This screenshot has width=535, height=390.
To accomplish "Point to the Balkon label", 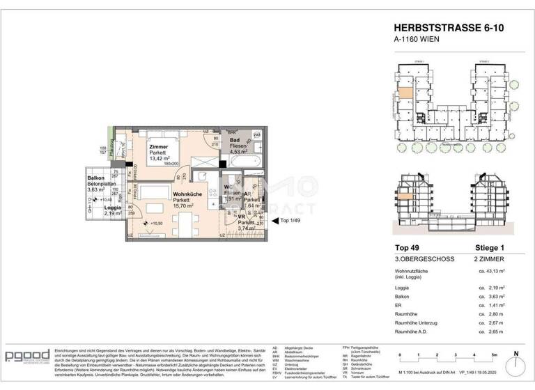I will tap(96, 178).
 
